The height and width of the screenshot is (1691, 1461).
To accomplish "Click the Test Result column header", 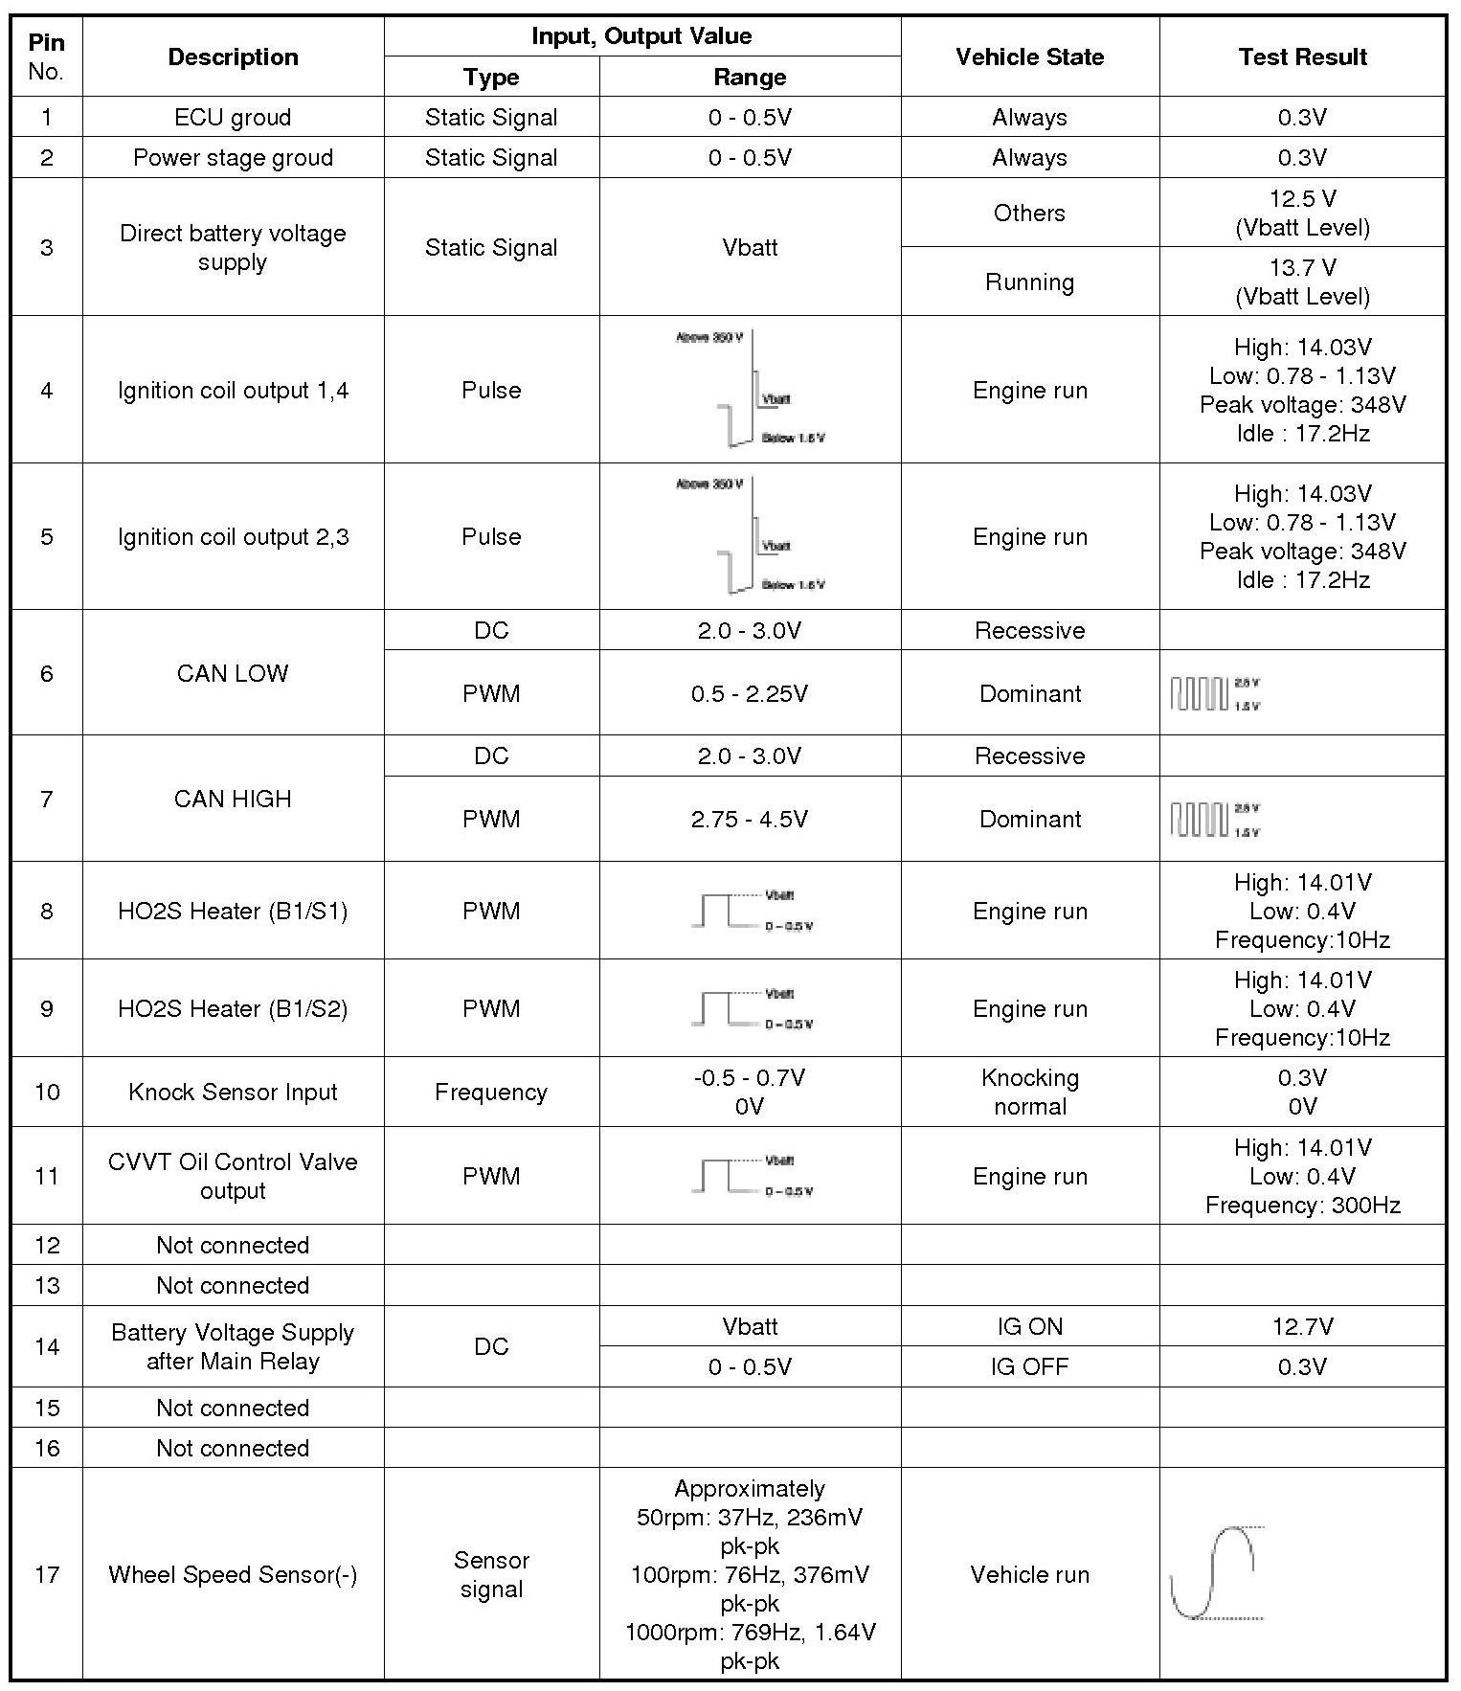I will pyautogui.click(x=1302, y=56).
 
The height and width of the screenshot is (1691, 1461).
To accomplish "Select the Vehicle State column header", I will pyautogui.click(x=1029, y=56).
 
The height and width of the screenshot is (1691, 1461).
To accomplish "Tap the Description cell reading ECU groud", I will pyautogui.click(x=233, y=117).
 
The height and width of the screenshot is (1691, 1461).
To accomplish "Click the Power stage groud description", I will pyautogui.click(x=233, y=157).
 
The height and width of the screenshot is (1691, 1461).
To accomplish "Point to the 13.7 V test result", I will pyautogui.click(x=1302, y=282).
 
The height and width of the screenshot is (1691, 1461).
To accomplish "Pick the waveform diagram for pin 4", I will pyautogui.click(x=750, y=390).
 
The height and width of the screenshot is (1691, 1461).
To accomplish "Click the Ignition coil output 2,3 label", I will pyautogui.click(x=233, y=536).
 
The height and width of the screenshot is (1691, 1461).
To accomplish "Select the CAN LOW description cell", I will pyautogui.click(x=233, y=673).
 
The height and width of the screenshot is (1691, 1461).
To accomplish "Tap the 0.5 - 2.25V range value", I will pyautogui.click(x=750, y=693).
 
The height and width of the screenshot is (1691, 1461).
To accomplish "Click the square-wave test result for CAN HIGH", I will pyautogui.click(x=1214, y=820).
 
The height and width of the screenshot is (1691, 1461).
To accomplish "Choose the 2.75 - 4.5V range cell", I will pyautogui.click(x=750, y=819).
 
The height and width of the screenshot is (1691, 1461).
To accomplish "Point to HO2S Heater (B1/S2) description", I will pyautogui.click(x=233, y=1008).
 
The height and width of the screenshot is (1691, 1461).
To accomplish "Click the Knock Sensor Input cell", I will pyautogui.click(x=233, y=1092).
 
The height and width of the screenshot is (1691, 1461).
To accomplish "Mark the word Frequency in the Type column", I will pyautogui.click(x=491, y=1092).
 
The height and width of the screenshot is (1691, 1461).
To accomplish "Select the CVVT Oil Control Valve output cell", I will pyautogui.click(x=233, y=1176).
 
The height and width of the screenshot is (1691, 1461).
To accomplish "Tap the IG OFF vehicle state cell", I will pyautogui.click(x=1029, y=1366).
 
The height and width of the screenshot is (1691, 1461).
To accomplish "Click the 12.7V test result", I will pyautogui.click(x=1302, y=1326).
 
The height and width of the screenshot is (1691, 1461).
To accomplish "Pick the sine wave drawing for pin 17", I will pyautogui.click(x=1216, y=1573).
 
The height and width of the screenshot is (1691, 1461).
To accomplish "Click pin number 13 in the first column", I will pyautogui.click(x=47, y=1285).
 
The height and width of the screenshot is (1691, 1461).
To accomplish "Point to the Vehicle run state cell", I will pyautogui.click(x=1029, y=1574).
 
